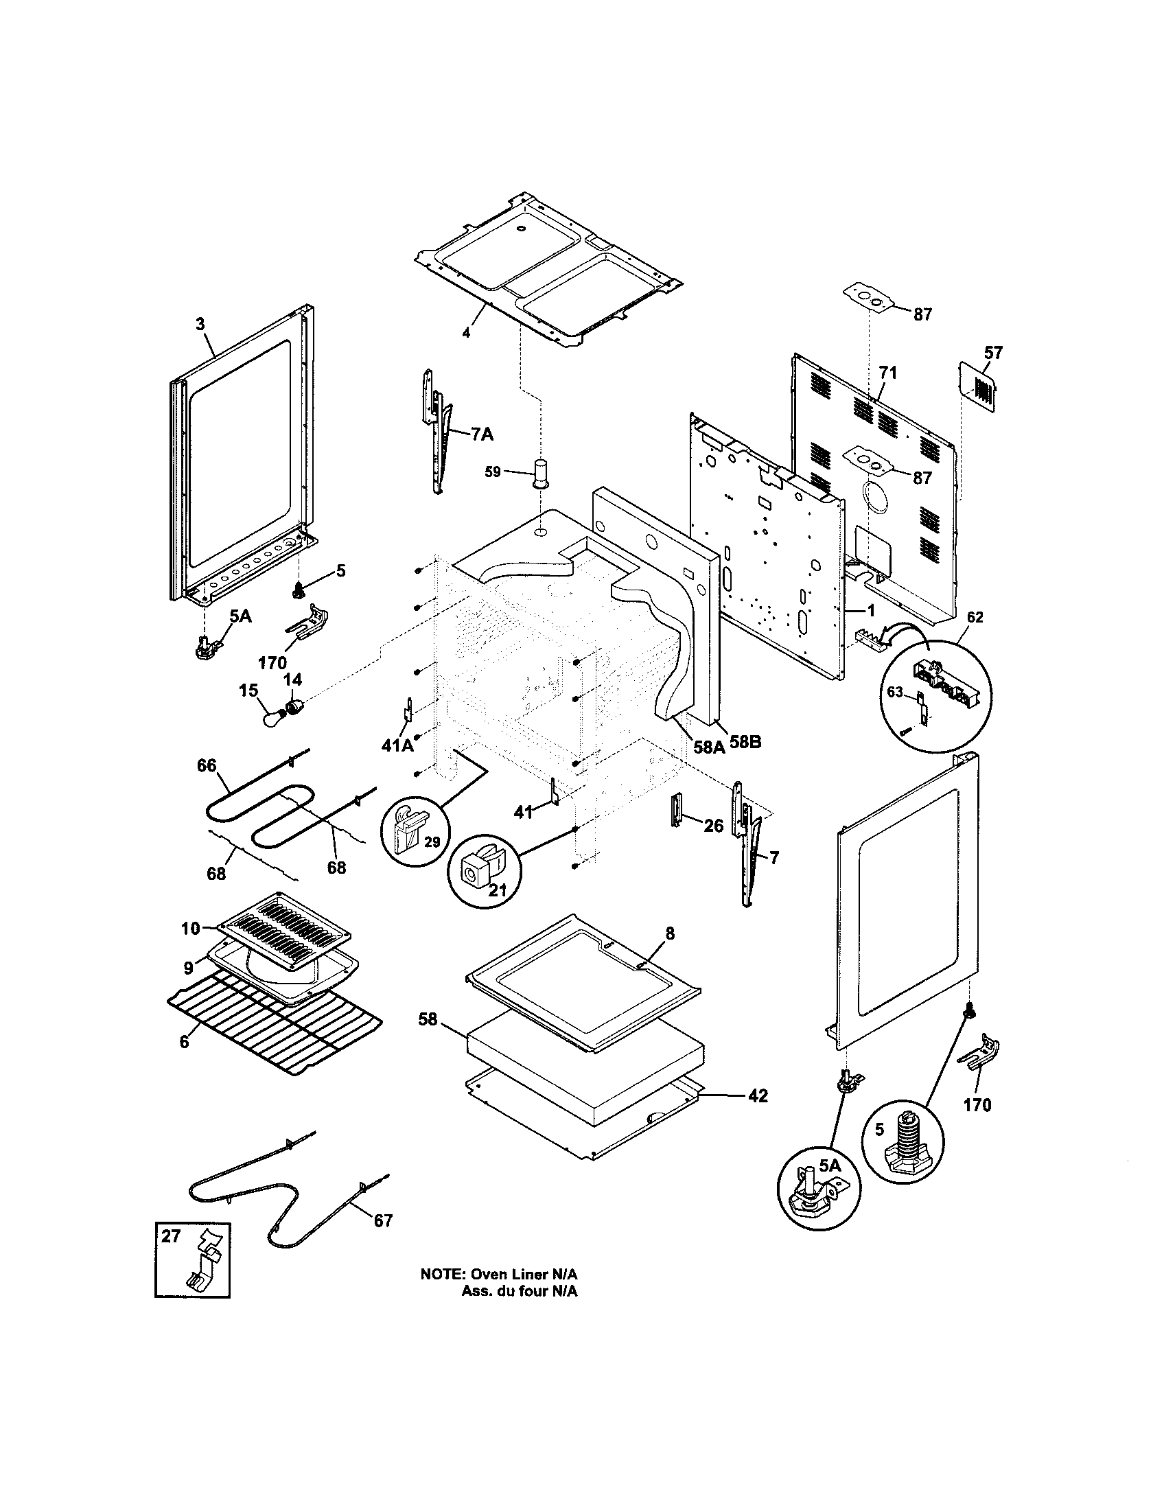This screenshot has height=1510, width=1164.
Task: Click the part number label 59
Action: pos(493,472)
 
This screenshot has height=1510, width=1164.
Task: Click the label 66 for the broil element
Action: pos(207,765)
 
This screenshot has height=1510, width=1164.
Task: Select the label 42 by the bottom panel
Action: pos(758,1097)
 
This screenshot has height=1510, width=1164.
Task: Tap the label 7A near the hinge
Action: pos(482,434)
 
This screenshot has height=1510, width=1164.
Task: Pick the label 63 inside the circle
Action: pos(895,692)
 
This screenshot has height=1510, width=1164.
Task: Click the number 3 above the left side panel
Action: pos(200,324)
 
